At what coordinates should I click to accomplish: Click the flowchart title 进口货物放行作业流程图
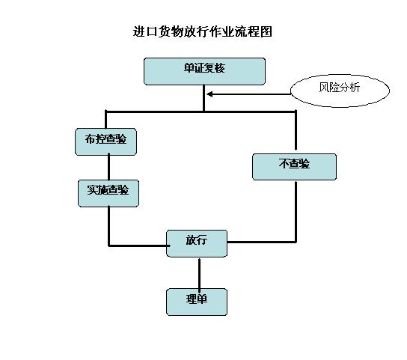coord(203,31)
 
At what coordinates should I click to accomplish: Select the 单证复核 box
coord(204,71)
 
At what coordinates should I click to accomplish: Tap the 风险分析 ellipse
coord(340,91)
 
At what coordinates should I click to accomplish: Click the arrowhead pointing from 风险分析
coord(209,94)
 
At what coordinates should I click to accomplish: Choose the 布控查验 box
coord(106,141)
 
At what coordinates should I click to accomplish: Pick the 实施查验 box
coord(108,193)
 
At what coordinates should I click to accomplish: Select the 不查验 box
coord(294,167)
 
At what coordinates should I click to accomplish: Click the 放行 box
coord(197,243)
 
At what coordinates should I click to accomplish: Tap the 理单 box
coord(197,302)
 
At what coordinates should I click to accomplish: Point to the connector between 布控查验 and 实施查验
coord(108,168)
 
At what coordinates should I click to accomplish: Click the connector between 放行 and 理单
coord(199,272)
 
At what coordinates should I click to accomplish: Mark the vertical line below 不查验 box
coord(296,212)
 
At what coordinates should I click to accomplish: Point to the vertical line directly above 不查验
coord(296,131)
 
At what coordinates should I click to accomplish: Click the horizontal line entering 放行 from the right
coord(262,242)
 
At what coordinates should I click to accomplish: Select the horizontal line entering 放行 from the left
coord(139,245)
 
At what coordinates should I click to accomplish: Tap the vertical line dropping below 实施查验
coord(109,226)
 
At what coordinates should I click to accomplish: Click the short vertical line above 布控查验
coord(105,120)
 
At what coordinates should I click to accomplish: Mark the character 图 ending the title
coord(266,31)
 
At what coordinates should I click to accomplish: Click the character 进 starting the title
coord(139,31)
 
